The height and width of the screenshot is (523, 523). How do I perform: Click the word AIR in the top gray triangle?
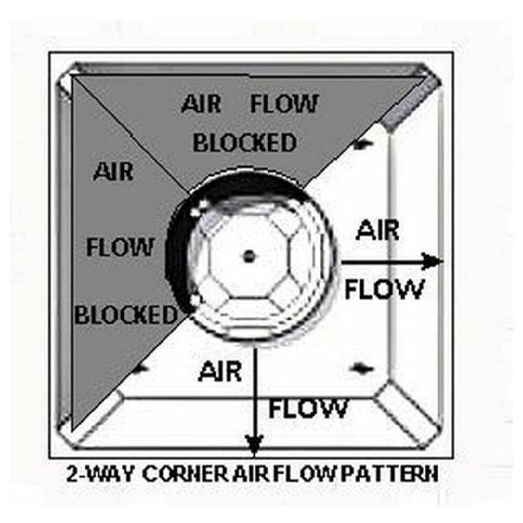pyautogui.click(x=201, y=104)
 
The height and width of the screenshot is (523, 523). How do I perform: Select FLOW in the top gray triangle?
pyautogui.click(x=284, y=104)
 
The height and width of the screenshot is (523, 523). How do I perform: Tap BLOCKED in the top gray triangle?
pyautogui.click(x=245, y=143)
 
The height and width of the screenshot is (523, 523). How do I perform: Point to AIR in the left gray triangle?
pyautogui.click(x=114, y=172)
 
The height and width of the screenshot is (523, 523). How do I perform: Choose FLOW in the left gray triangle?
pyautogui.click(x=120, y=247)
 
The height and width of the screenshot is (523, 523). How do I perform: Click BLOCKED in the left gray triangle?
pyautogui.click(x=126, y=315)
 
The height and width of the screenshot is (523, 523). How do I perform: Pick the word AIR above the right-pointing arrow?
pyautogui.click(x=378, y=230)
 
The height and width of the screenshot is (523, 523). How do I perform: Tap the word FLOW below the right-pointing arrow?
pyautogui.click(x=384, y=288)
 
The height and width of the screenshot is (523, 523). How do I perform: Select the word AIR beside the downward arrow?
pyautogui.click(x=220, y=372)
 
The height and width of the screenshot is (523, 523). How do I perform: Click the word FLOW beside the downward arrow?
pyautogui.click(x=307, y=409)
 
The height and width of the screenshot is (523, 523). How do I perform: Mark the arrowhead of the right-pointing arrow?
pyautogui.click(x=431, y=261)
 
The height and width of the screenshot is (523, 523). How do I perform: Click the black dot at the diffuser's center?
pyautogui.click(x=249, y=257)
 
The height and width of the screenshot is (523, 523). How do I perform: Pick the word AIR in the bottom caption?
pyautogui.click(x=251, y=474)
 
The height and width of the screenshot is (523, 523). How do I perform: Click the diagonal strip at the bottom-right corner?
pyautogui.click(x=405, y=413)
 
